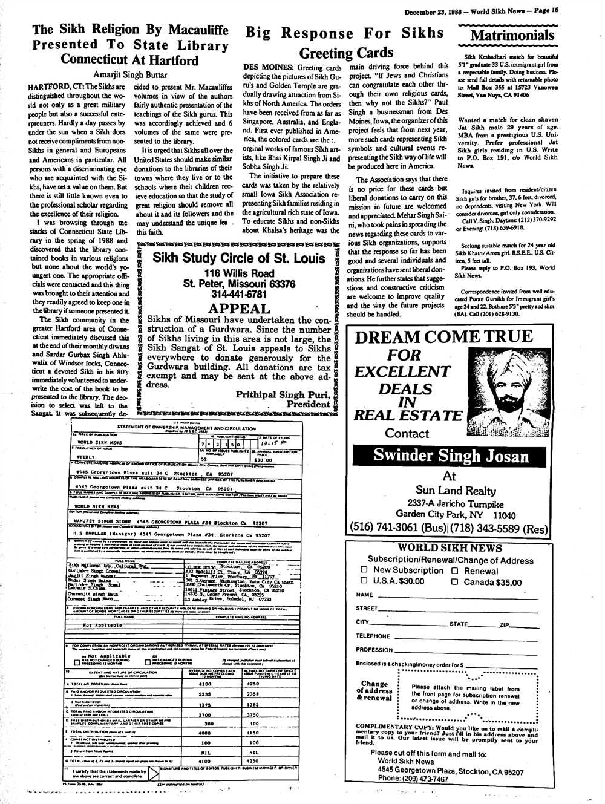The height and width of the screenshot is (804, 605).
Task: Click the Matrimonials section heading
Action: pyautogui.click(x=512, y=35)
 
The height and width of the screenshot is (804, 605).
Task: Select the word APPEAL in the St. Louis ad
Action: pyautogui.click(x=238, y=309)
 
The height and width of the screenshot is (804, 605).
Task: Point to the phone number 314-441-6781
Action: pyautogui.click(x=239, y=295)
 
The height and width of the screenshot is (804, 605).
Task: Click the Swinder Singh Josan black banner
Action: pyautogui.click(x=451, y=455)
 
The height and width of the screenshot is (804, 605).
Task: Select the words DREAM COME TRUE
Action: pyautogui.click(x=443, y=337)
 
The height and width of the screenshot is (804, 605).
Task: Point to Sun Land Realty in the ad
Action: pyautogui.click(x=450, y=490)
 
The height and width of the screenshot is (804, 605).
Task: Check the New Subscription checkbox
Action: pyautogui.click(x=364, y=570)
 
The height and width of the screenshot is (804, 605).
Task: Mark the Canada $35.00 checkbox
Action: pyautogui.click(x=455, y=582)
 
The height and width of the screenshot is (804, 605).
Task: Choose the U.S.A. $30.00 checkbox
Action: pyautogui.click(x=364, y=581)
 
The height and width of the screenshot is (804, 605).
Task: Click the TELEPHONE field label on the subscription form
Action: pyautogui.click(x=373, y=636)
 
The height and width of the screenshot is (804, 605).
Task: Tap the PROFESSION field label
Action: pyautogui.click(x=374, y=650)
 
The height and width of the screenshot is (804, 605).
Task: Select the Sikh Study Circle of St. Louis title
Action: pyautogui.click(x=239, y=258)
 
